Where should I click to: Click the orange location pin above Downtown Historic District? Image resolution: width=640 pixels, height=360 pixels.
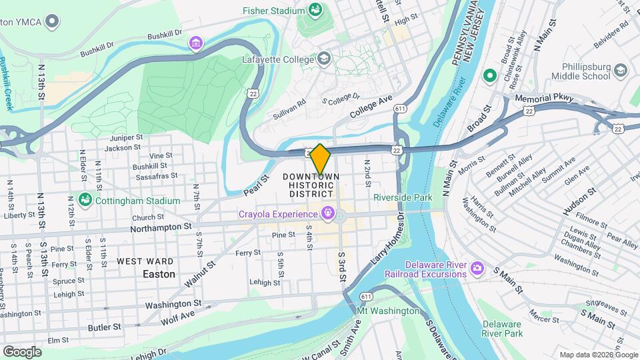click(x=320, y=159)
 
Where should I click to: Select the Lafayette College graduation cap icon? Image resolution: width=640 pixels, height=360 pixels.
click(x=324, y=59)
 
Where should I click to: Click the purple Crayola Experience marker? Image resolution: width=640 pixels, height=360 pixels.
click(x=327, y=213)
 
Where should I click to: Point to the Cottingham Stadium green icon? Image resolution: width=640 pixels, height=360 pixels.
click(x=85, y=200)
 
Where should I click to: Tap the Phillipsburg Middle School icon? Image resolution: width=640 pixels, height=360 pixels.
click(x=621, y=71)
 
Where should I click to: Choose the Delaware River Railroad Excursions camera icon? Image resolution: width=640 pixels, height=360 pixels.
click(x=476, y=268)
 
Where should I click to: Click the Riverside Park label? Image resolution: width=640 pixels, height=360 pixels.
click(x=403, y=197)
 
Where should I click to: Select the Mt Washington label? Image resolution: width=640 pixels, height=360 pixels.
click(x=389, y=311)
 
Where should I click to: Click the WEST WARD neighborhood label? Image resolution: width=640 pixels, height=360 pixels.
click(x=146, y=261)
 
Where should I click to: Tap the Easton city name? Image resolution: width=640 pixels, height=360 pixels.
click(x=159, y=274)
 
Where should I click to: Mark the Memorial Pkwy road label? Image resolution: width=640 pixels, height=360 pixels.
click(x=544, y=98)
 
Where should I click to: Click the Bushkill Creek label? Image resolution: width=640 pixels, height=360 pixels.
click(x=7, y=83)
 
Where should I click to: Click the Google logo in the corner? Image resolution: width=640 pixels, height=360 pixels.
click(x=21, y=351)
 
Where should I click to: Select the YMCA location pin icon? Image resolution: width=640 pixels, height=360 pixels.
click(x=51, y=21)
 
